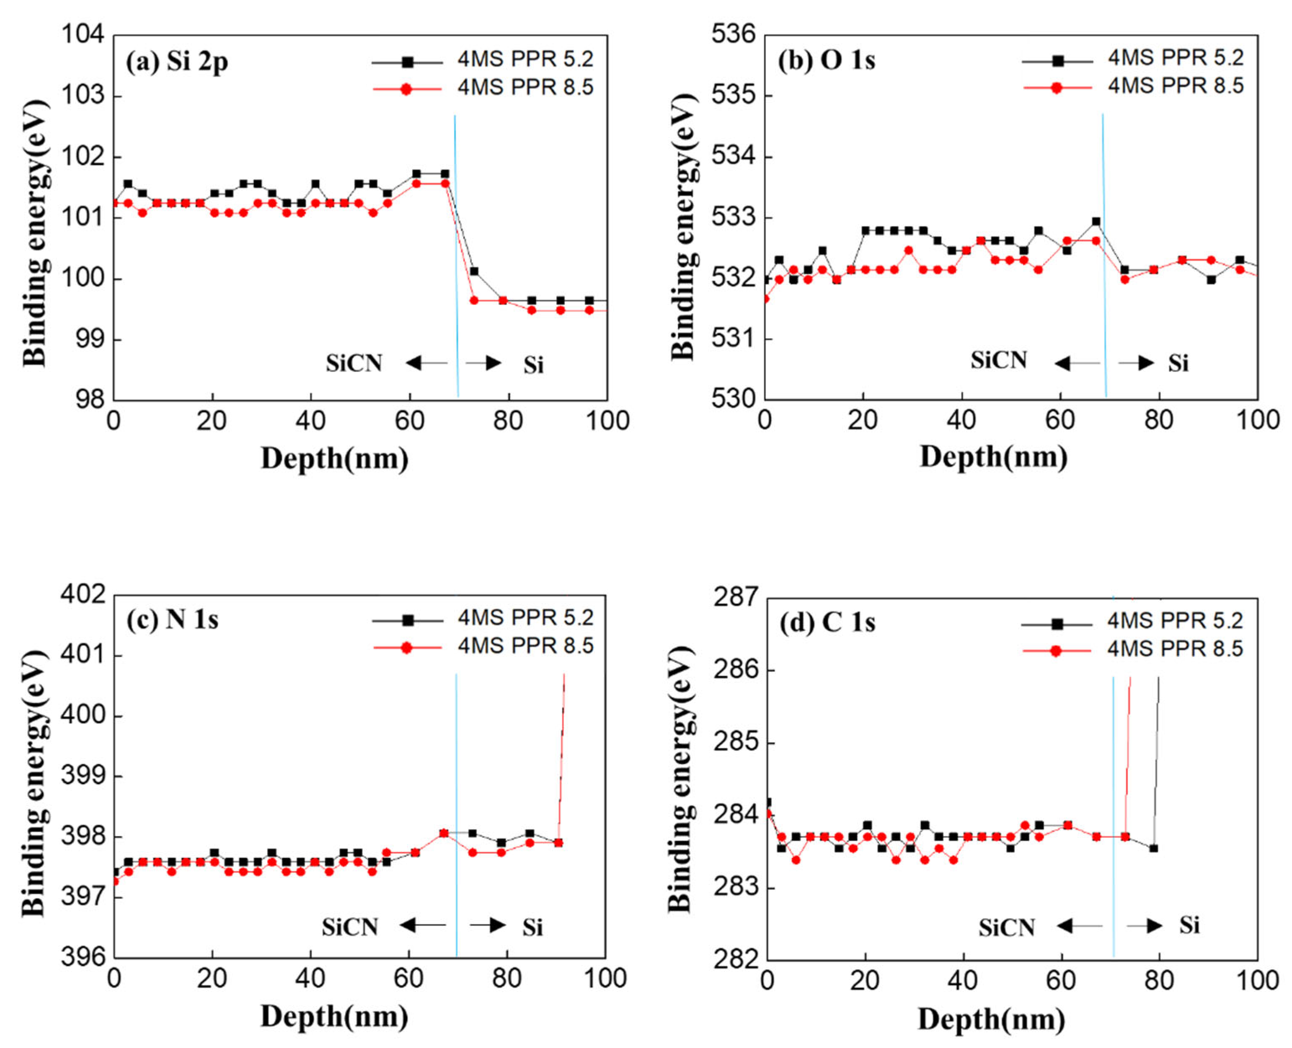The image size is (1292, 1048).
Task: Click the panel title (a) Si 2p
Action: pos(176,62)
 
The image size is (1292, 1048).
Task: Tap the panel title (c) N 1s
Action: pos(172,620)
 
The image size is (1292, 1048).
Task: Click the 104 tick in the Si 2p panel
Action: pos(83,34)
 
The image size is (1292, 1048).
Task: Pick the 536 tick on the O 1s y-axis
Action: pos(734,34)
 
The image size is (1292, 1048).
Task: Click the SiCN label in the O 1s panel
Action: pos(999,360)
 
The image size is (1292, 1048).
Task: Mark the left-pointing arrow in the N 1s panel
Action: pos(423,924)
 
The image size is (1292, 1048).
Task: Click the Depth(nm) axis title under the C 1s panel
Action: pos(991,1020)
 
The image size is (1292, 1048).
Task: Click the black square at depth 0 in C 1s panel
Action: pos(767,802)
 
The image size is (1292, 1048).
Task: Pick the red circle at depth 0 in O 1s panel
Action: pos(765,299)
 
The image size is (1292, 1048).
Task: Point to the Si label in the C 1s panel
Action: pos(1189,924)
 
